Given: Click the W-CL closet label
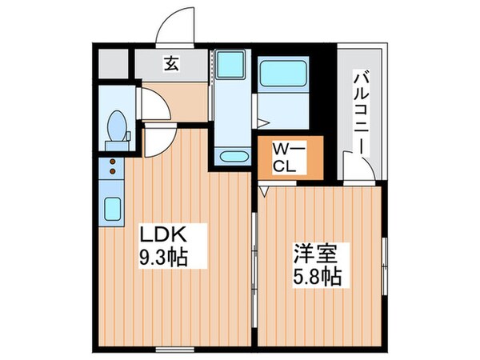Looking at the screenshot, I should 287,158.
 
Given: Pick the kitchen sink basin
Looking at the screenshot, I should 112,210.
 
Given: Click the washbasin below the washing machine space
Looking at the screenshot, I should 234,157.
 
